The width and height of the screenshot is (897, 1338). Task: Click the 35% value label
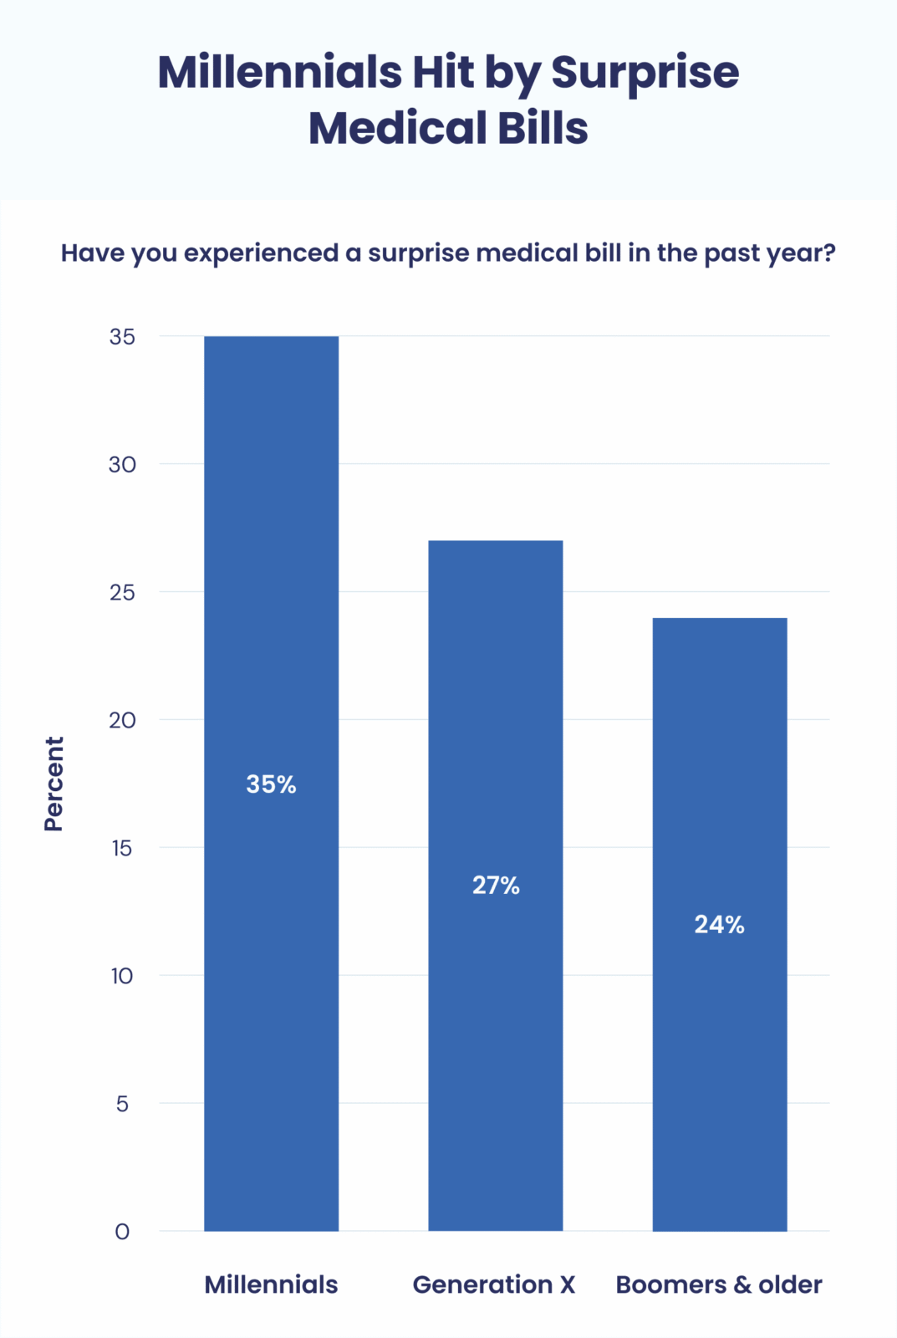click(x=271, y=784)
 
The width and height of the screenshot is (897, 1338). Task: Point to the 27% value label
click(x=496, y=885)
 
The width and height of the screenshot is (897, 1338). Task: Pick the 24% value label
click(x=719, y=924)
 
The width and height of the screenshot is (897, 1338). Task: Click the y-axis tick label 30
click(x=122, y=465)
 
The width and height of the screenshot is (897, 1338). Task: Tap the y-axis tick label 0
click(x=122, y=1232)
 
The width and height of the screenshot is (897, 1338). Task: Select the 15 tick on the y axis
click(x=122, y=848)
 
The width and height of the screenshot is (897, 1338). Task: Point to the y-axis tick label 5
click(x=122, y=1104)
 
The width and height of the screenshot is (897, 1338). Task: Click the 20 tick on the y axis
click(x=122, y=720)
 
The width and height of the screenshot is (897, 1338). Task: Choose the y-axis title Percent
click(x=54, y=784)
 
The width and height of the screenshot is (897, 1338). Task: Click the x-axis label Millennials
click(x=271, y=1284)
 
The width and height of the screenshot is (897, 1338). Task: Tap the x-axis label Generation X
click(x=494, y=1284)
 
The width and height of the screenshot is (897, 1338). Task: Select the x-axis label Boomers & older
click(x=719, y=1284)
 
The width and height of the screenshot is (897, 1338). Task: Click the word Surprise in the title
click(x=645, y=74)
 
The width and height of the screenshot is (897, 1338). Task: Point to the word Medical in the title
click(x=397, y=129)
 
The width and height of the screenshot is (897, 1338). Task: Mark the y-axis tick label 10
click(x=122, y=976)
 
